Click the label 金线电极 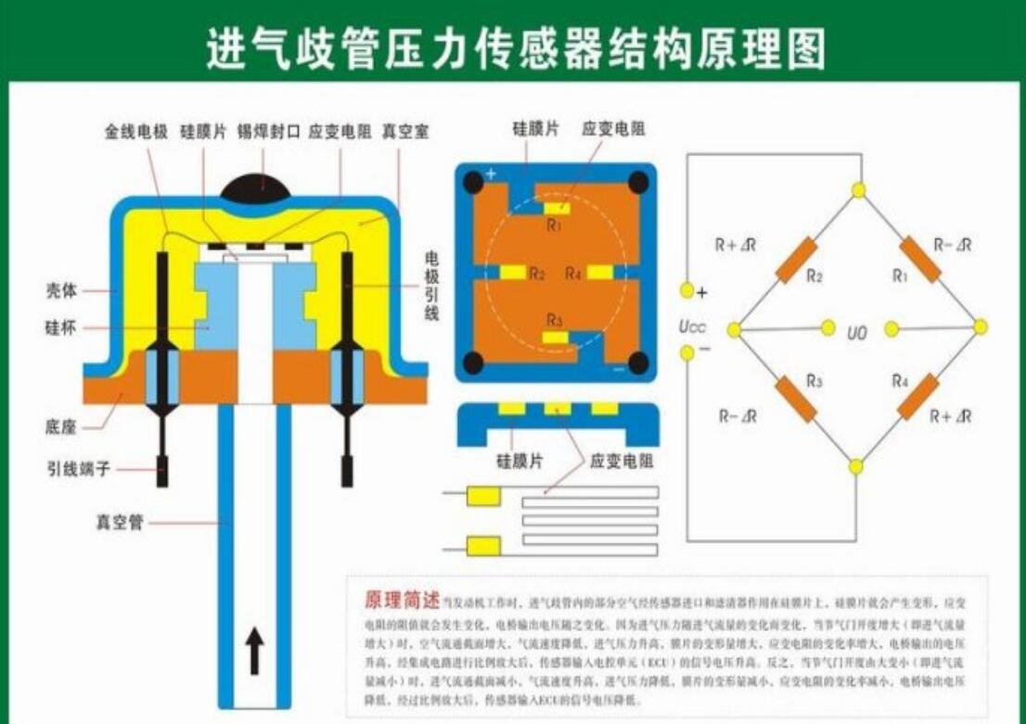(x=135, y=132)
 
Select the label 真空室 (x=404, y=132)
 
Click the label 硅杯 (x=61, y=328)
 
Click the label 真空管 (x=120, y=523)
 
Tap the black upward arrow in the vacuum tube (x=256, y=651)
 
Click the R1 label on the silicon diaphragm (x=554, y=224)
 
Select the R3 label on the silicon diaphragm (x=555, y=320)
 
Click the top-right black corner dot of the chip (x=637, y=182)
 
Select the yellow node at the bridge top (x=859, y=190)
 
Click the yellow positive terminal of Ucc (x=686, y=291)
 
